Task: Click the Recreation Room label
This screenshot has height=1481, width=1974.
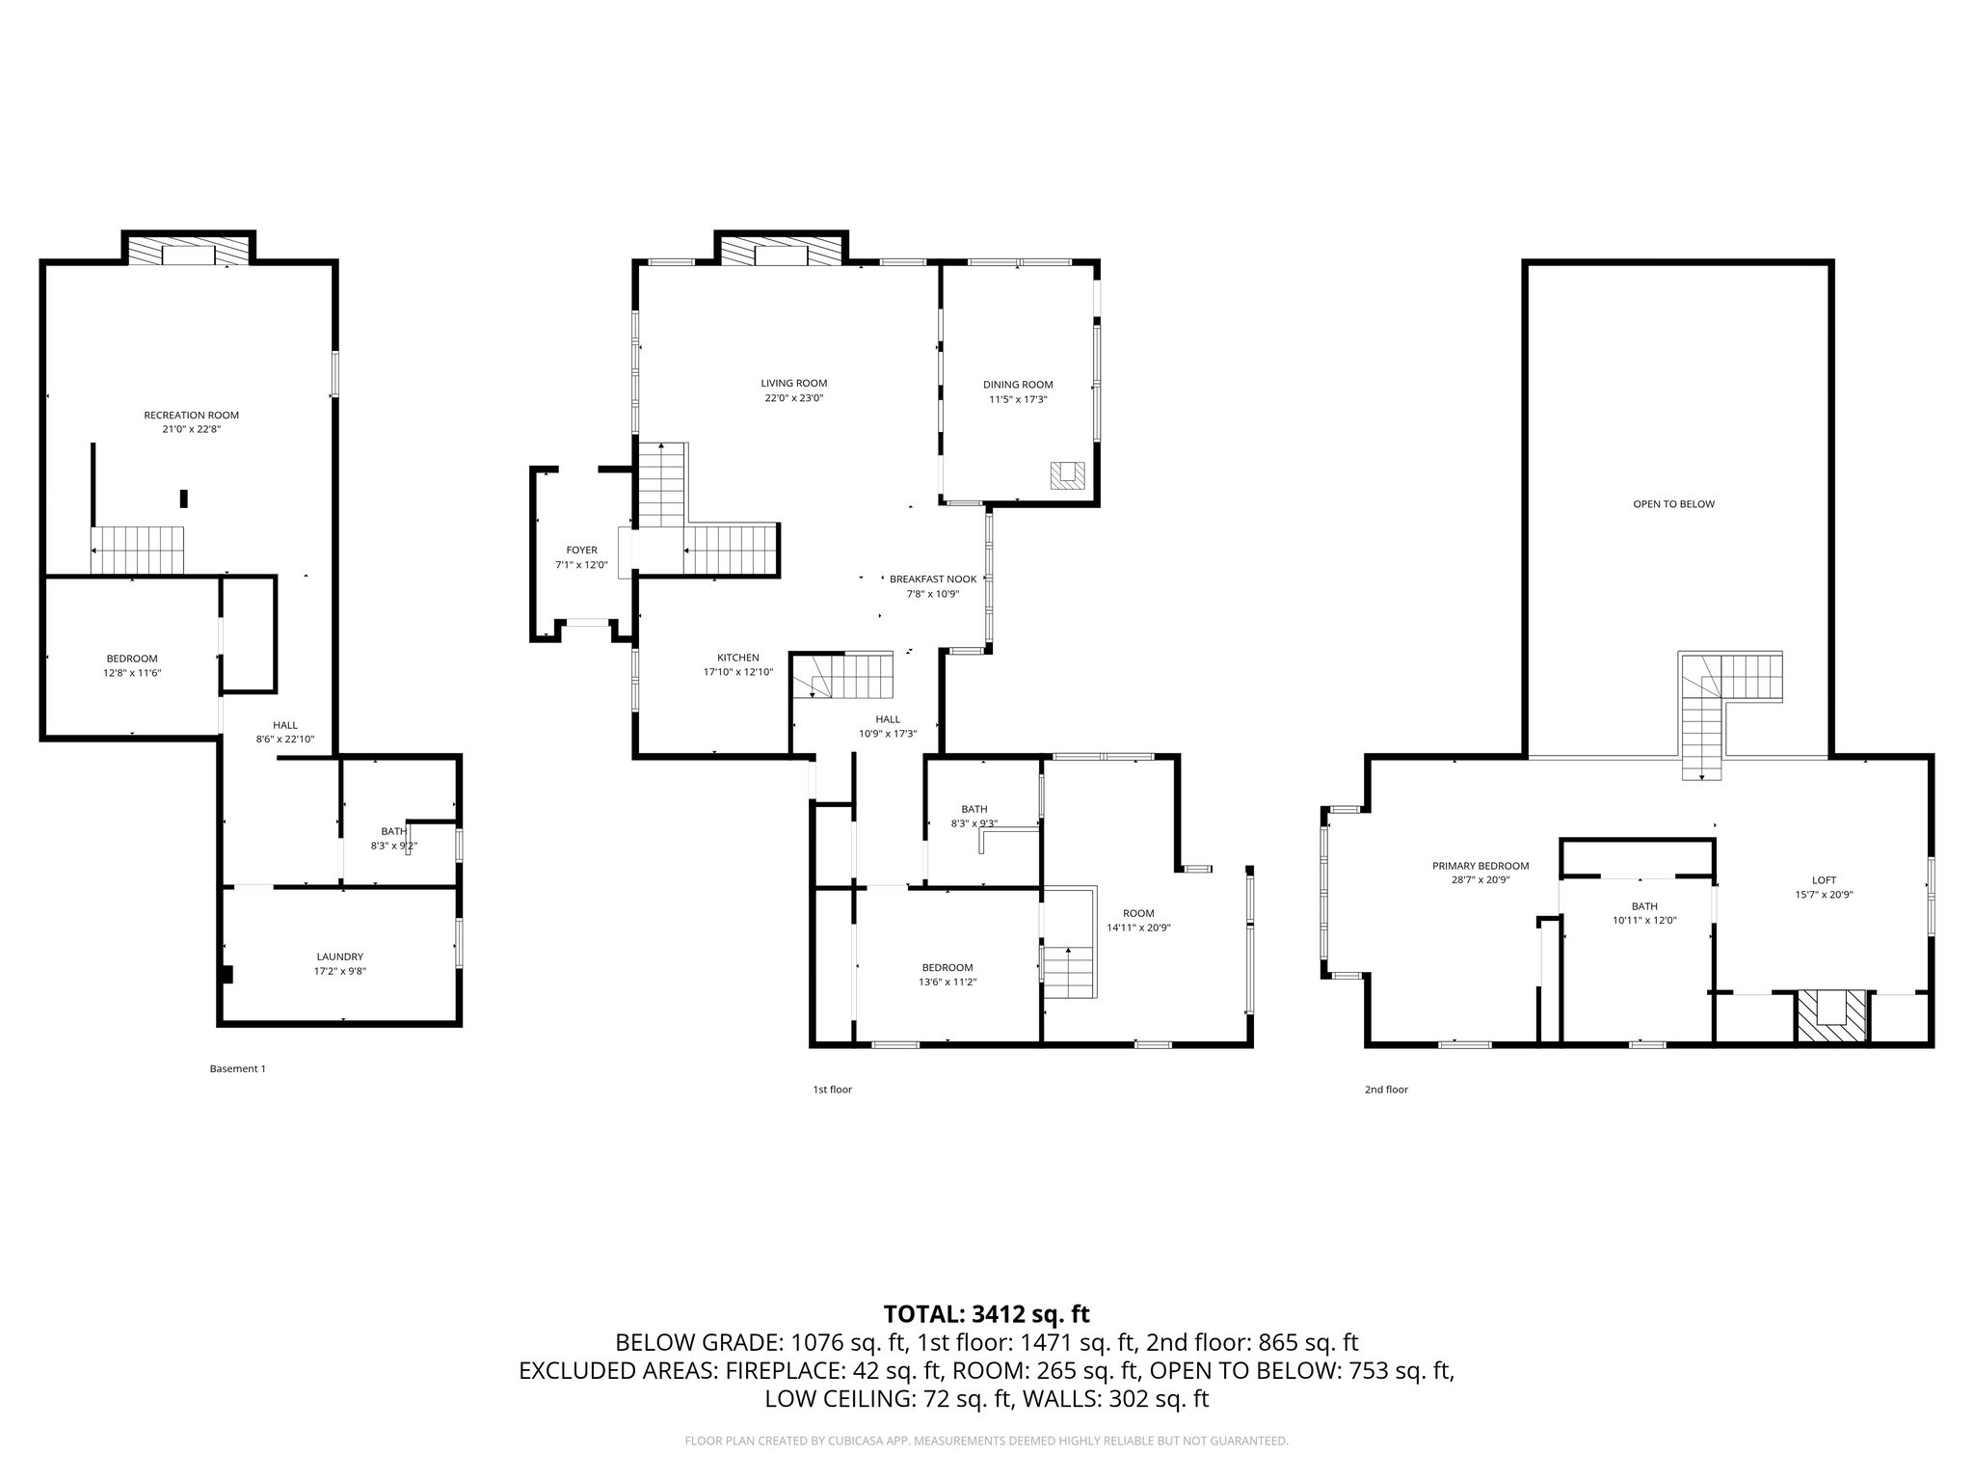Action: [191, 416]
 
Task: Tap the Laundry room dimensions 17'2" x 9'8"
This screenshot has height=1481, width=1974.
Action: [339, 972]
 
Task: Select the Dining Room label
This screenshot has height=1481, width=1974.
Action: [1018, 385]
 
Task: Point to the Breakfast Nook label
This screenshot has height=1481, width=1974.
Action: [932, 579]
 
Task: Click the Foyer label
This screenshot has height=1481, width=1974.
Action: [581, 551]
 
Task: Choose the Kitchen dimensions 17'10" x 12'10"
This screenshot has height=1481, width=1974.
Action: [737, 672]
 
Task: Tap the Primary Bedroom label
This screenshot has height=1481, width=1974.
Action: [1480, 866]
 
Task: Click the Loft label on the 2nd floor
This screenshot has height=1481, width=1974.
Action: [1824, 880]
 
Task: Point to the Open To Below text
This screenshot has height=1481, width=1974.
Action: [1673, 504]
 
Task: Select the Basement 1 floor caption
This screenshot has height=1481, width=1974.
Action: [237, 1068]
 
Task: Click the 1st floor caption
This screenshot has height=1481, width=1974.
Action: [832, 1090]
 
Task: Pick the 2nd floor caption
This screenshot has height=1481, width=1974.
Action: [1386, 1090]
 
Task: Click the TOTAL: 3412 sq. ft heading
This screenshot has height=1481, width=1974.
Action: [986, 1313]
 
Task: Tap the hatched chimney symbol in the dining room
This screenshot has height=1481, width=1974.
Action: [1067, 475]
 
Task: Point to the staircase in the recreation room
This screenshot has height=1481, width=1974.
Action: [138, 550]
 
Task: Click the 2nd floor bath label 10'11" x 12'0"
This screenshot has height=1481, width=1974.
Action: [1644, 920]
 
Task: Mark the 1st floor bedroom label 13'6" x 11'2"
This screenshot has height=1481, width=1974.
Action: [947, 982]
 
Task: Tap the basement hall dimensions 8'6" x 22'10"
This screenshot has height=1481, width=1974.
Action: [284, 740]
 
